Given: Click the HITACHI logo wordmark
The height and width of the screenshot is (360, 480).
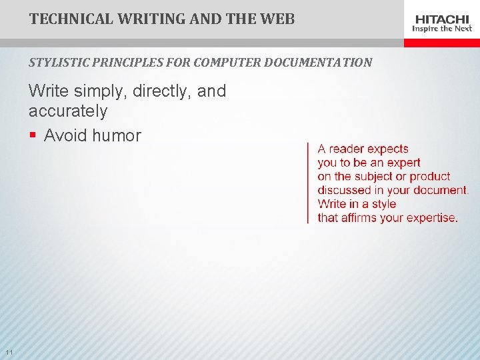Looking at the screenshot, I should [442, 19].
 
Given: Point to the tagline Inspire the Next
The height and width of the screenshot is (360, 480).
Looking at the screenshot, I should [442, 29].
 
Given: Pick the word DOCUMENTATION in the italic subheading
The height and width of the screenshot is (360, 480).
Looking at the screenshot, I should [319, 63].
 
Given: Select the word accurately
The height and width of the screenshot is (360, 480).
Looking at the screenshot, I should [67, 110].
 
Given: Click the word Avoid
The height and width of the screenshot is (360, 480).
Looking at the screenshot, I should [65, 135].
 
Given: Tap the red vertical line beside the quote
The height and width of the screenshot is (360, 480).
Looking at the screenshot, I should [308, 183].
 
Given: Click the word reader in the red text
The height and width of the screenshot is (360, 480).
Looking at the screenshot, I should [346, 149].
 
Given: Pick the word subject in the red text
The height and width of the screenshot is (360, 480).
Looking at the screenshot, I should [373, 177].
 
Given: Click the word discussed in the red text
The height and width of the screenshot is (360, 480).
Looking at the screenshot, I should [345, 190].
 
